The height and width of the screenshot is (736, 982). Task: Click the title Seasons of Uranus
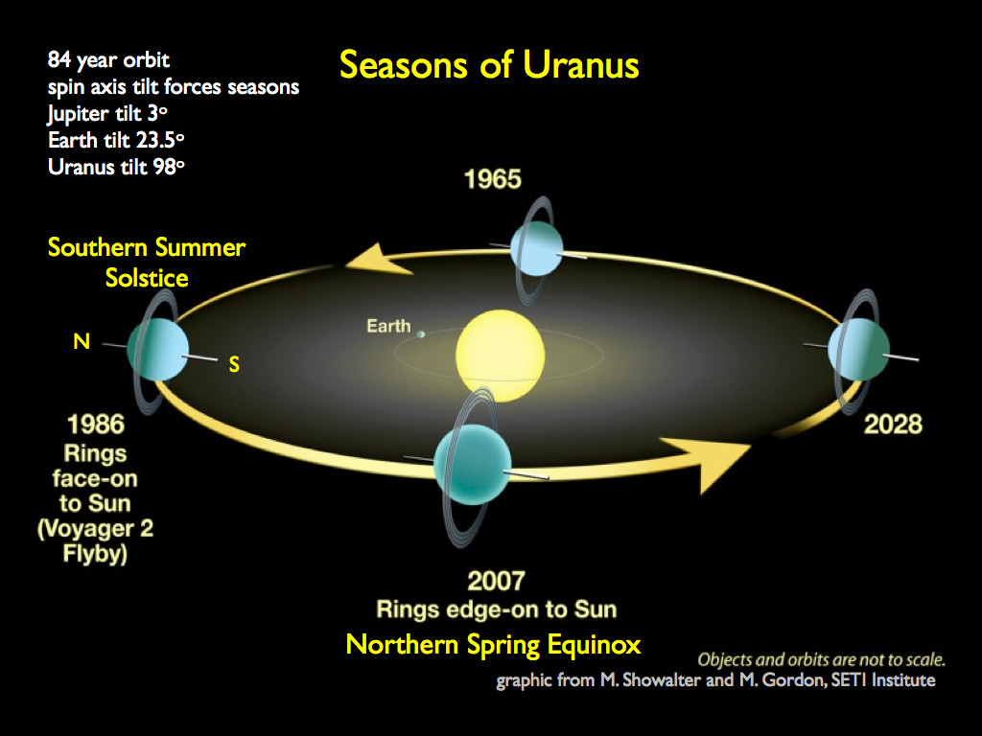pyautogui.click(x=489, y=65)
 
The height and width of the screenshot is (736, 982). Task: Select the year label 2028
pyautogui.click(x=893, y=423)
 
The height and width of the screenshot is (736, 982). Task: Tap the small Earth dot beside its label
pyautogui.click(x=420, y=333)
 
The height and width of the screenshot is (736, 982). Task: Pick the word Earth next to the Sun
pyautogui.click(x=387, y=327)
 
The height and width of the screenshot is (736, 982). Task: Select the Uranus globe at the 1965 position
pyautogui.click(x=540, y=247)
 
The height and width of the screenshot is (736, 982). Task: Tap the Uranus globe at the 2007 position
pyautogui.click(x=470, y=465)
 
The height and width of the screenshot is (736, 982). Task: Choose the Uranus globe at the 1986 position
pyautogui.click(x=157, y=349)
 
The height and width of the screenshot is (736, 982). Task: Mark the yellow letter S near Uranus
pyautogui.click(x=233, y=364)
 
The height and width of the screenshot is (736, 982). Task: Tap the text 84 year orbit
pyautogui.click(x=108, y=61)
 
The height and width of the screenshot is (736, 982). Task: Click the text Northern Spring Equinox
pyautogui.click(x=493, y=644)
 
